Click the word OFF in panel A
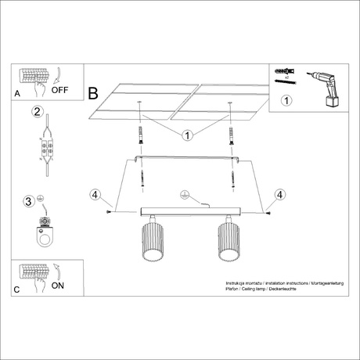pyautogui.click(x=61, y=89)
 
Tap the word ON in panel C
pyautogui.click(x=59, y=286)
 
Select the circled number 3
pyautogui.click(x=28, y=202)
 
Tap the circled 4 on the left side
pyautogui.click(x=95, y=194)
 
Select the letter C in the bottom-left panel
pyautogui.click(x=18, y=290)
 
